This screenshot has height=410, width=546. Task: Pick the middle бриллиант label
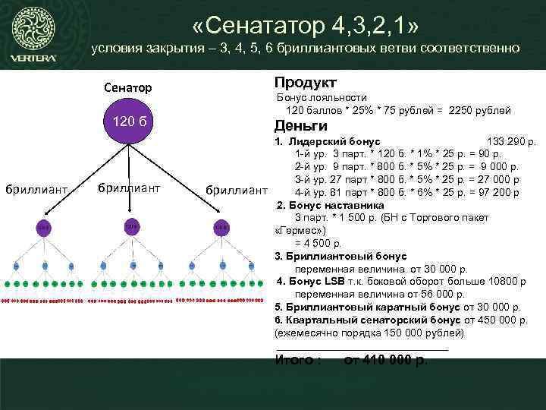130,187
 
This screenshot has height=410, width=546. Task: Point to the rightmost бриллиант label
237,188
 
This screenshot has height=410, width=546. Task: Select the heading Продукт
306,82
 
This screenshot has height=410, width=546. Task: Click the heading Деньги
301,126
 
